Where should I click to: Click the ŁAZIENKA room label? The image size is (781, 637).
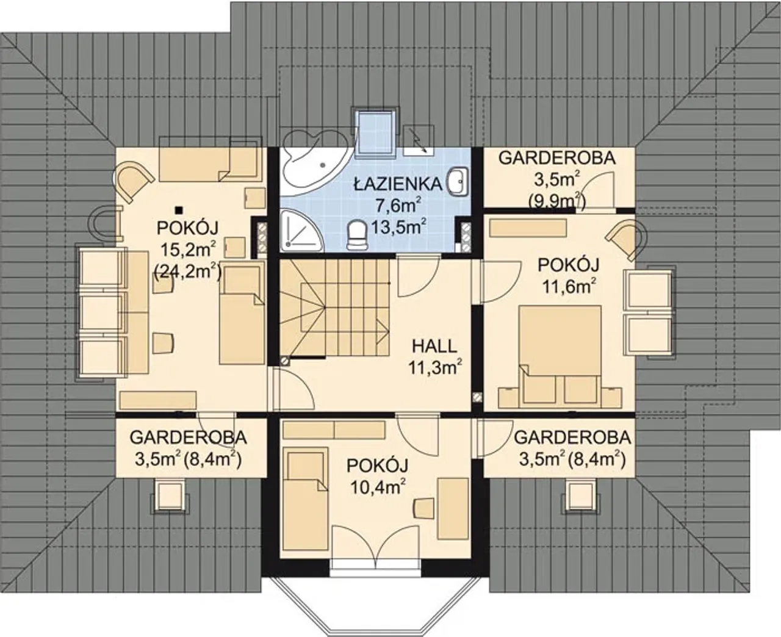click(x=398, y=184)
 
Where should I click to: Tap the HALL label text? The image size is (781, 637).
click(x=435, y=347)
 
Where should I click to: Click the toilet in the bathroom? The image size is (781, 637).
click(x=356, y=235)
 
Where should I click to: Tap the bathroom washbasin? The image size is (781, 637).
click(x=459, y=182)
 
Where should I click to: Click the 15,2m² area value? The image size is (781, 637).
click(x=188, y=250)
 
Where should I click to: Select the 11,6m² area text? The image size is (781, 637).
click(x=569, y=286)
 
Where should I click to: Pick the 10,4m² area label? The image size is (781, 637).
click(x=377, y=488)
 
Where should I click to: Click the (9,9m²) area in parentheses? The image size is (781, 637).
click(x=556, y=202)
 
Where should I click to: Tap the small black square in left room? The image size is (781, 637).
click(x=179, y=210)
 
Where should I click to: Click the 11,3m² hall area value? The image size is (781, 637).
click(x=435, y=368)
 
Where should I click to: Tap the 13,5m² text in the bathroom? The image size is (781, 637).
click(x=398, y=226)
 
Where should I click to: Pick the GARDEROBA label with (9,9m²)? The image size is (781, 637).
click(x=557, y=158)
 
